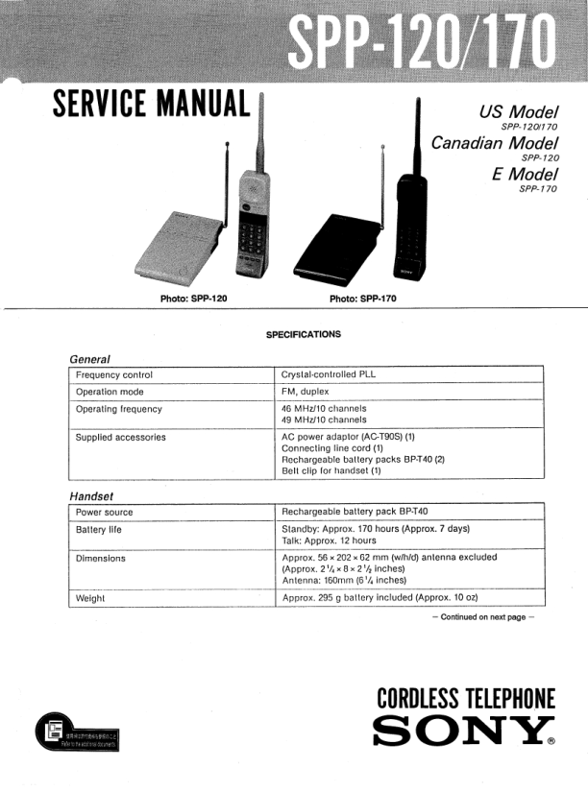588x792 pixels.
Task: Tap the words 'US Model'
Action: coord(518,110)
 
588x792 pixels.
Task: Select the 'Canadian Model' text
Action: coord(495,142)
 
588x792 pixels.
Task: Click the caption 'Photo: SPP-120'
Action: coord(193,299)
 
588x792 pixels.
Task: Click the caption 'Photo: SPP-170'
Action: coord(362,299)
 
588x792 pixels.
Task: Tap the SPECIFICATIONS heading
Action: coord(303,334)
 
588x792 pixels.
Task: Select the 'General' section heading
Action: coord(90,358)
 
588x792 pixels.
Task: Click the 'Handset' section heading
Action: coord(92,496)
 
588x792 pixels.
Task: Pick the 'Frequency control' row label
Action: coord(114,374)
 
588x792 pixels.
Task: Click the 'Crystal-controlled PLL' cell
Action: coord(328,374)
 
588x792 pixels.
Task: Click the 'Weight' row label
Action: coord(90,598)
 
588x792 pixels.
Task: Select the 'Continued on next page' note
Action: coord(483,616)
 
